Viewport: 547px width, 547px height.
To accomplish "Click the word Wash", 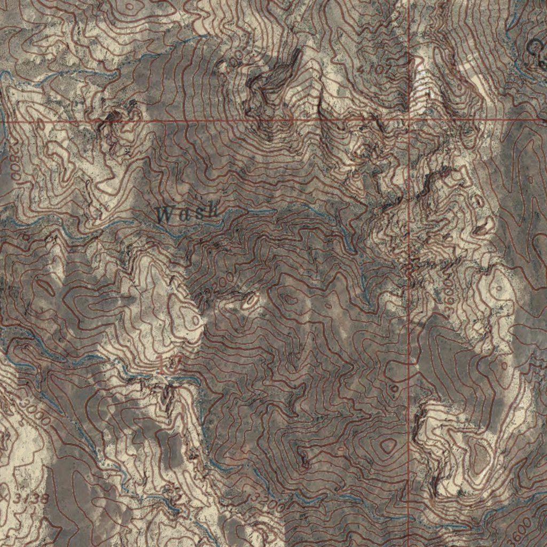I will click(x=189, y=214).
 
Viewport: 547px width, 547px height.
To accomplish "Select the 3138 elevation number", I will click(x=31, y=499).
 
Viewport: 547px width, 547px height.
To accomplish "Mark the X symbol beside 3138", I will click(x=5, y=497).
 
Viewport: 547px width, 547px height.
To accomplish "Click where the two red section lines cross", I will click(x=410, y=120).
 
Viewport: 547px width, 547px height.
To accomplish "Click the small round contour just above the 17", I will click(x=196, y=321).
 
